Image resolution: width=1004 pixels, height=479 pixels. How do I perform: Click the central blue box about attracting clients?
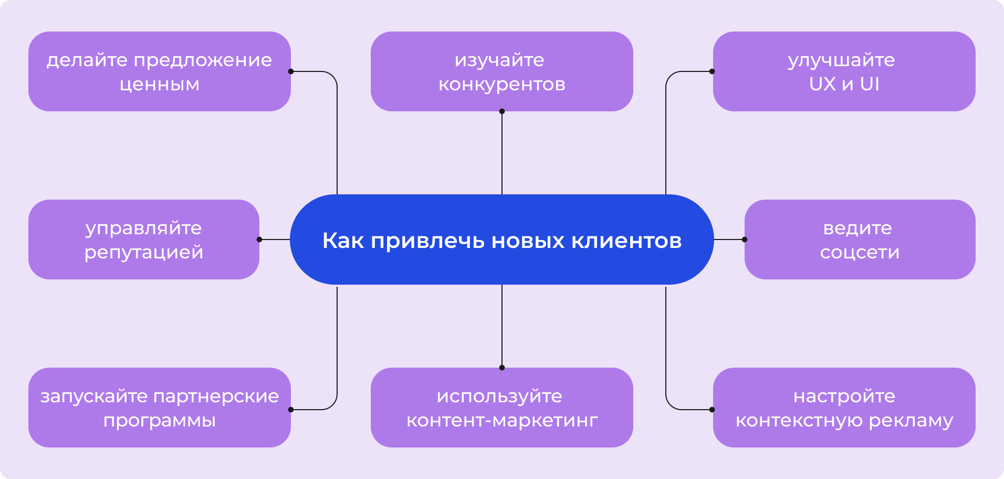coord(502,240)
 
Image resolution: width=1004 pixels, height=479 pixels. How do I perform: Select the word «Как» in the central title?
coord(343,241)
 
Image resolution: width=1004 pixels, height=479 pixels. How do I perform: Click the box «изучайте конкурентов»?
coord(502,71)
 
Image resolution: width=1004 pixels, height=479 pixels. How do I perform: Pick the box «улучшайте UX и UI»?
coord(844,71)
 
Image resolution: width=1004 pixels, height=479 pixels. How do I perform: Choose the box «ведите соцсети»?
coord(860,240)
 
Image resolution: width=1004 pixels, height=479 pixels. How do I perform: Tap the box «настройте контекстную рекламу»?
coord(844,408)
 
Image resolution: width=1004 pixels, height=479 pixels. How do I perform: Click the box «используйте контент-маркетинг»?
coord(502,408)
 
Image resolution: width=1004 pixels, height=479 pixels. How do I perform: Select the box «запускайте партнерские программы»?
coord(160,408)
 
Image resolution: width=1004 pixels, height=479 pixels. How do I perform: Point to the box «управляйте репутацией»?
coord(144,240)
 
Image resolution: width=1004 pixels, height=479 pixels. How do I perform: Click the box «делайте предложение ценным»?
coord(160,71)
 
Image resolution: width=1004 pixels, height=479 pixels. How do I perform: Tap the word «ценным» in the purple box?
coord(160,85)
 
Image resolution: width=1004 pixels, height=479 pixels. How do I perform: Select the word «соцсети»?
coord(860,253)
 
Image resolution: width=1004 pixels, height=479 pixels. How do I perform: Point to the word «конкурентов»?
coord(502,85)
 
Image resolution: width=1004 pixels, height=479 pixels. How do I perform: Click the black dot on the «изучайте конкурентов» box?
coord(502,111)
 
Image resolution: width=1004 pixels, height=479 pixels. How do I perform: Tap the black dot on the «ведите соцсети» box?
coord(745,240)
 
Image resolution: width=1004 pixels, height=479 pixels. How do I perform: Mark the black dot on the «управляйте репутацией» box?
coord(259,240)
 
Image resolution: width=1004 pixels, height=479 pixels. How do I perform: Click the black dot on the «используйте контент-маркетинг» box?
coord(502,368)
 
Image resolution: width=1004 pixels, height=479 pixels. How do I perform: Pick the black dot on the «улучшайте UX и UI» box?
coord(712,71)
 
